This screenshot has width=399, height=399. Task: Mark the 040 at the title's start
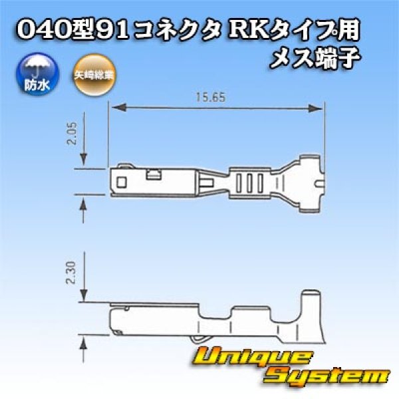[41, 29]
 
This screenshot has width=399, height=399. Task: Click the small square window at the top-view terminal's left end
[121, 181]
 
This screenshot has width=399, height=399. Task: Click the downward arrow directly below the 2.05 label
[83, 160]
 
